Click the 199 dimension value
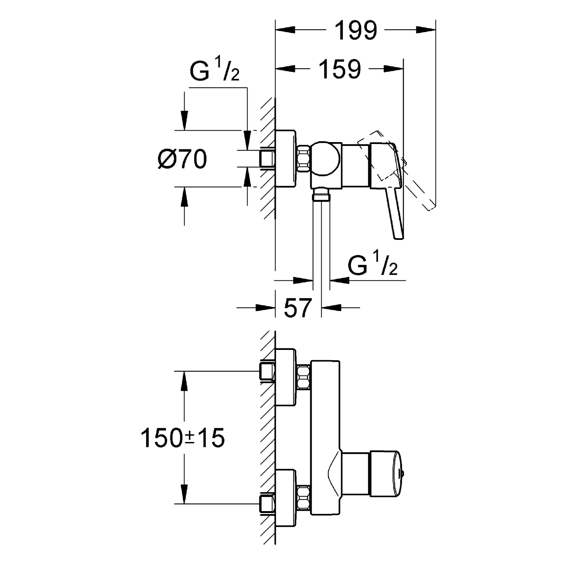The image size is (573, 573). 356,31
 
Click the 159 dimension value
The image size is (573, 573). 340,69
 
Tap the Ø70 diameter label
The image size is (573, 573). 182,159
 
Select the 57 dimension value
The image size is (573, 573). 298,308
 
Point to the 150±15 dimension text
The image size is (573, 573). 183,438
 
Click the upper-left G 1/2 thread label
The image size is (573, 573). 214,71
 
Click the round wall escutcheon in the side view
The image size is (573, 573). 285,159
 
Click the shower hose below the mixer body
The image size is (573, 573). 321,237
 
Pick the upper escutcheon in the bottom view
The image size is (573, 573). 285,377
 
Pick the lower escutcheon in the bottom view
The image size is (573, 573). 285,498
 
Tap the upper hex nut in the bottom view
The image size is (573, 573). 304,377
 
